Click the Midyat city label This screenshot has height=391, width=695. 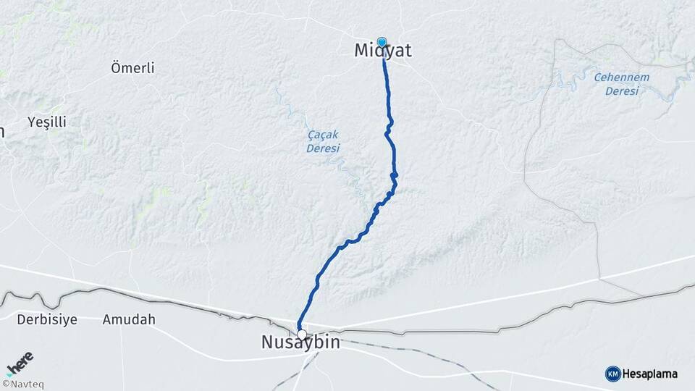point(383,51)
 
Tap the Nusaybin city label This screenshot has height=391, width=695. point(300,343)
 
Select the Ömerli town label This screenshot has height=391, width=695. point(132,68)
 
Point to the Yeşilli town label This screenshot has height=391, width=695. point(46,122)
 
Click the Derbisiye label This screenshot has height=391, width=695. point(47,319)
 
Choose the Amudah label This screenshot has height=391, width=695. point(129,319)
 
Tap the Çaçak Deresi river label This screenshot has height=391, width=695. point(322,141)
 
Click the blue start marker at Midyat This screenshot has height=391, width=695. point(382,42)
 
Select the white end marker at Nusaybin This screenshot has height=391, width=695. point(302,335)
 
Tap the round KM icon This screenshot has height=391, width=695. point(612,374)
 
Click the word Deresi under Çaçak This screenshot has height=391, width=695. point(322,148)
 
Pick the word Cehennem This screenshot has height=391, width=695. point(622,77)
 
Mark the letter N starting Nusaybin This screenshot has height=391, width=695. point(268,343)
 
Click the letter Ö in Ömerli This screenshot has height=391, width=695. point(116,68)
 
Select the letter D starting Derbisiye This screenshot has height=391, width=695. point(22,319)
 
